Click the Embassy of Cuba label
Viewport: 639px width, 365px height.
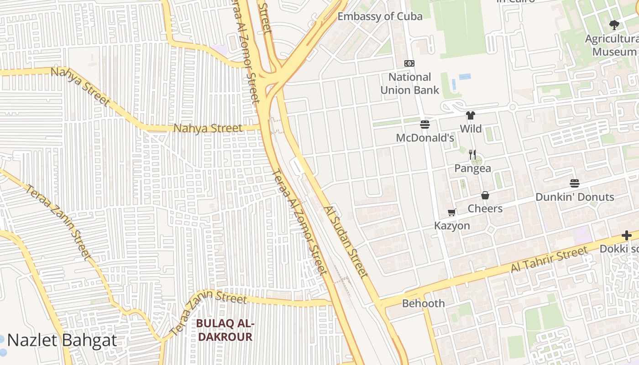click(380, 16)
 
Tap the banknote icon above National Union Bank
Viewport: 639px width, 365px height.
click(409, 63)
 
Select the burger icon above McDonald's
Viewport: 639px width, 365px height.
click(425, 125)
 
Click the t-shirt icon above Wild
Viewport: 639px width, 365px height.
click(471, 115)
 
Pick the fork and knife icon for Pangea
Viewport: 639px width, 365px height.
click(472, 155)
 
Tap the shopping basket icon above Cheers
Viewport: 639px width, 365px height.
click(485, 195)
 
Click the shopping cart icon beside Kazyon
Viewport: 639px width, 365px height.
click(452, 212)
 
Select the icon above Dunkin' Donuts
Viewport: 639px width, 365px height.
click(575, 184)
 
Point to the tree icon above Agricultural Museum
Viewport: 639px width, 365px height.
click(614, 25)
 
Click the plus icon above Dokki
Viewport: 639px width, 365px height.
click(627, 236)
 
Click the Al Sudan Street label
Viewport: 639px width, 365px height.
click(346, 241)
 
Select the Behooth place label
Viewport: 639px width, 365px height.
click(423, 303)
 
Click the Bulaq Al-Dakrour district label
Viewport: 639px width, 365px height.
click(224, 330)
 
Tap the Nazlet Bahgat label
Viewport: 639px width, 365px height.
click(62, 340)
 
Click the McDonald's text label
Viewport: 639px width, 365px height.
click(425, 138)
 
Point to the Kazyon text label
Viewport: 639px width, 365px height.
click(452, 226)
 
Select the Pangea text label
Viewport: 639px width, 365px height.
click(472, 168)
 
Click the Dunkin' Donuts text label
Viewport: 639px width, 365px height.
click(575, 197)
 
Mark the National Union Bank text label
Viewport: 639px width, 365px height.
click(409, 83)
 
